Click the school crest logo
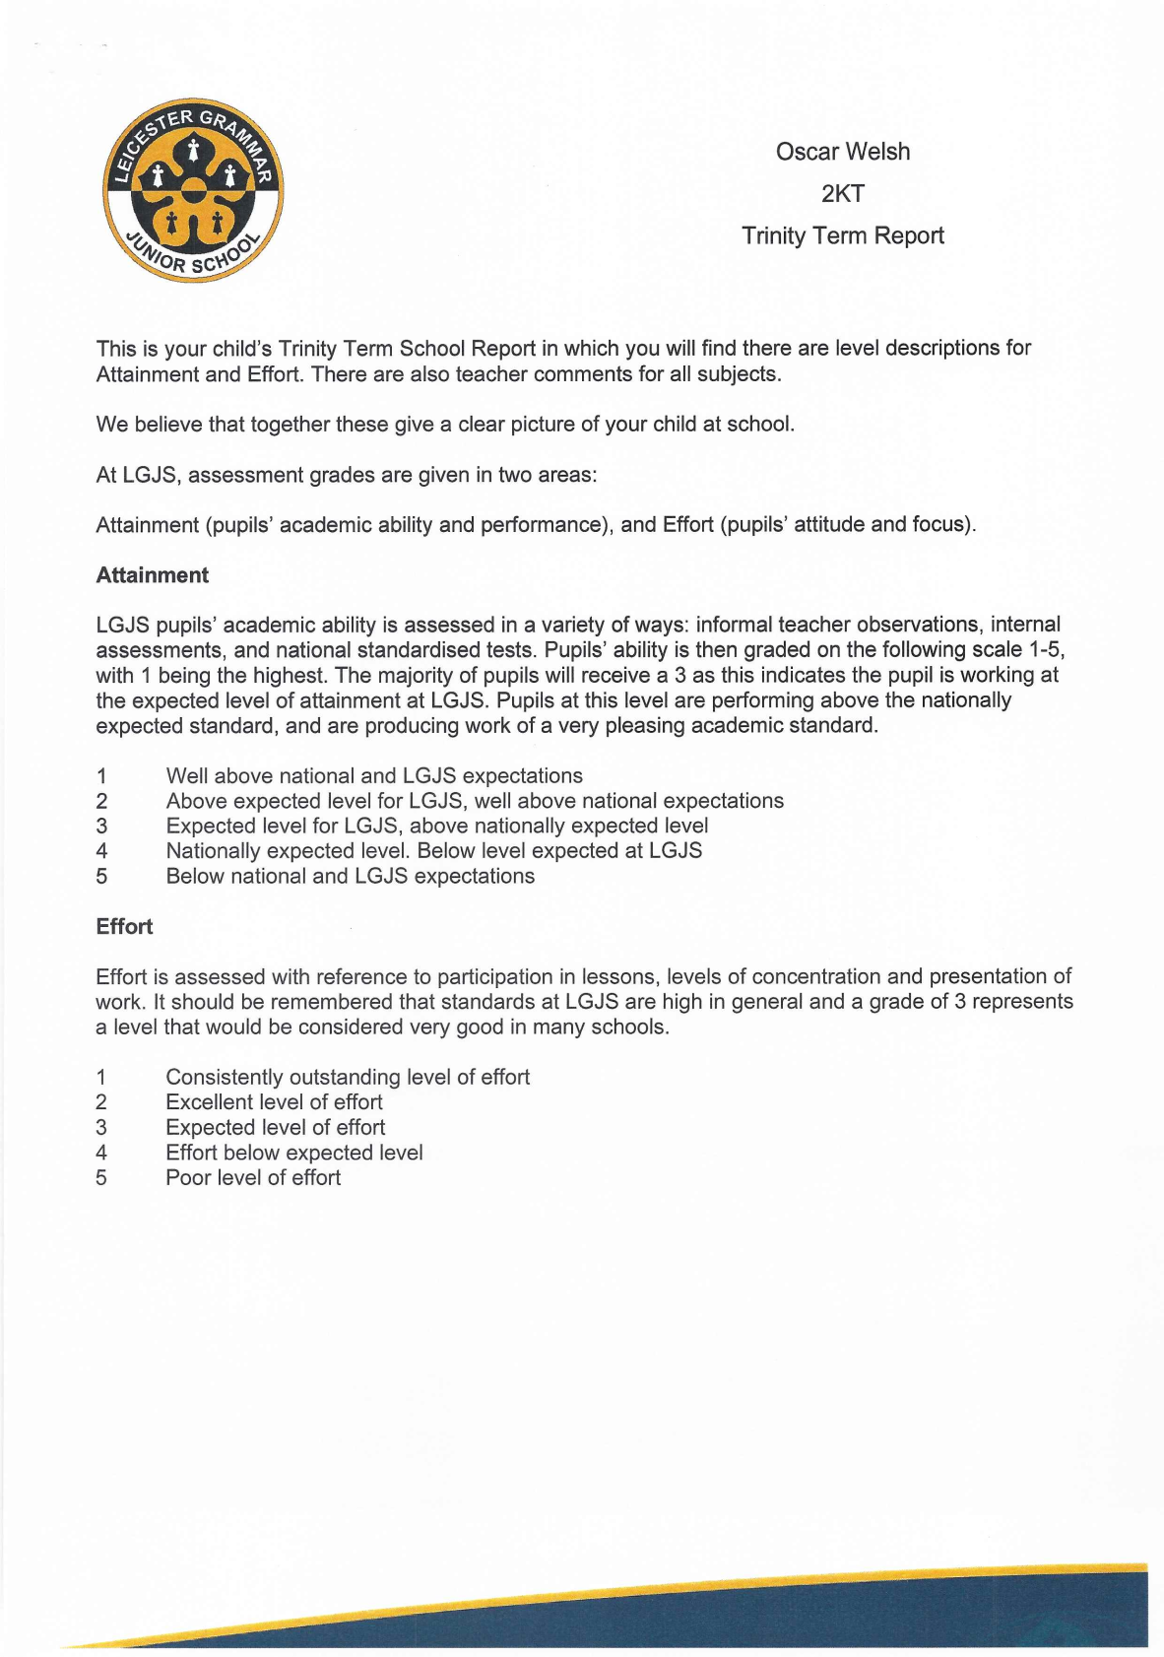193,190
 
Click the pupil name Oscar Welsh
842,152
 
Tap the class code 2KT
842,194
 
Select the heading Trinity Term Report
842,236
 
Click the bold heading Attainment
152,575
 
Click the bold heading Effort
124,927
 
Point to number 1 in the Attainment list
101,776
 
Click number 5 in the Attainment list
101,877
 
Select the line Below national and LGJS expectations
350,877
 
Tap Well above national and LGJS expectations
374,776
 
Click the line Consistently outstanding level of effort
347,1078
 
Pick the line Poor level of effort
253,1178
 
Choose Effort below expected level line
293,1153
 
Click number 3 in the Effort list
101,1128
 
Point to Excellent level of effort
274,1102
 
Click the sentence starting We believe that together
444,425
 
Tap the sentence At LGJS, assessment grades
346,475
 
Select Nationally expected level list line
433,851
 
